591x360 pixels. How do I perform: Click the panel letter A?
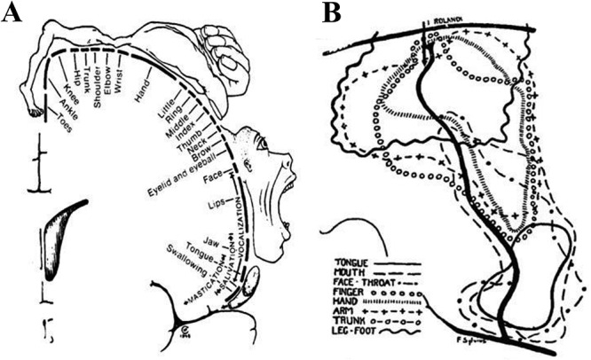click(x=13, y=15)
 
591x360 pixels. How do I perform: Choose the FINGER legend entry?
click(x=351, y=289)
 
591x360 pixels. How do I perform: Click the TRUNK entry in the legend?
click(x=351, y=326)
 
